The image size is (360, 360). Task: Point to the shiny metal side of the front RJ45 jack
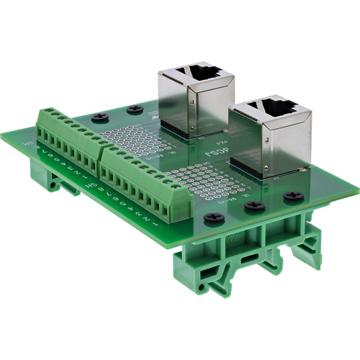click(x=285, y=148)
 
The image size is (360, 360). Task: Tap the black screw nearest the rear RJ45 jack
click(x=134, y=109)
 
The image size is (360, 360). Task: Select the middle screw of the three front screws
click(x=253, y=206)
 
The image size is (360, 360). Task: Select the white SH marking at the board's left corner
click(x=30, y=143)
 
